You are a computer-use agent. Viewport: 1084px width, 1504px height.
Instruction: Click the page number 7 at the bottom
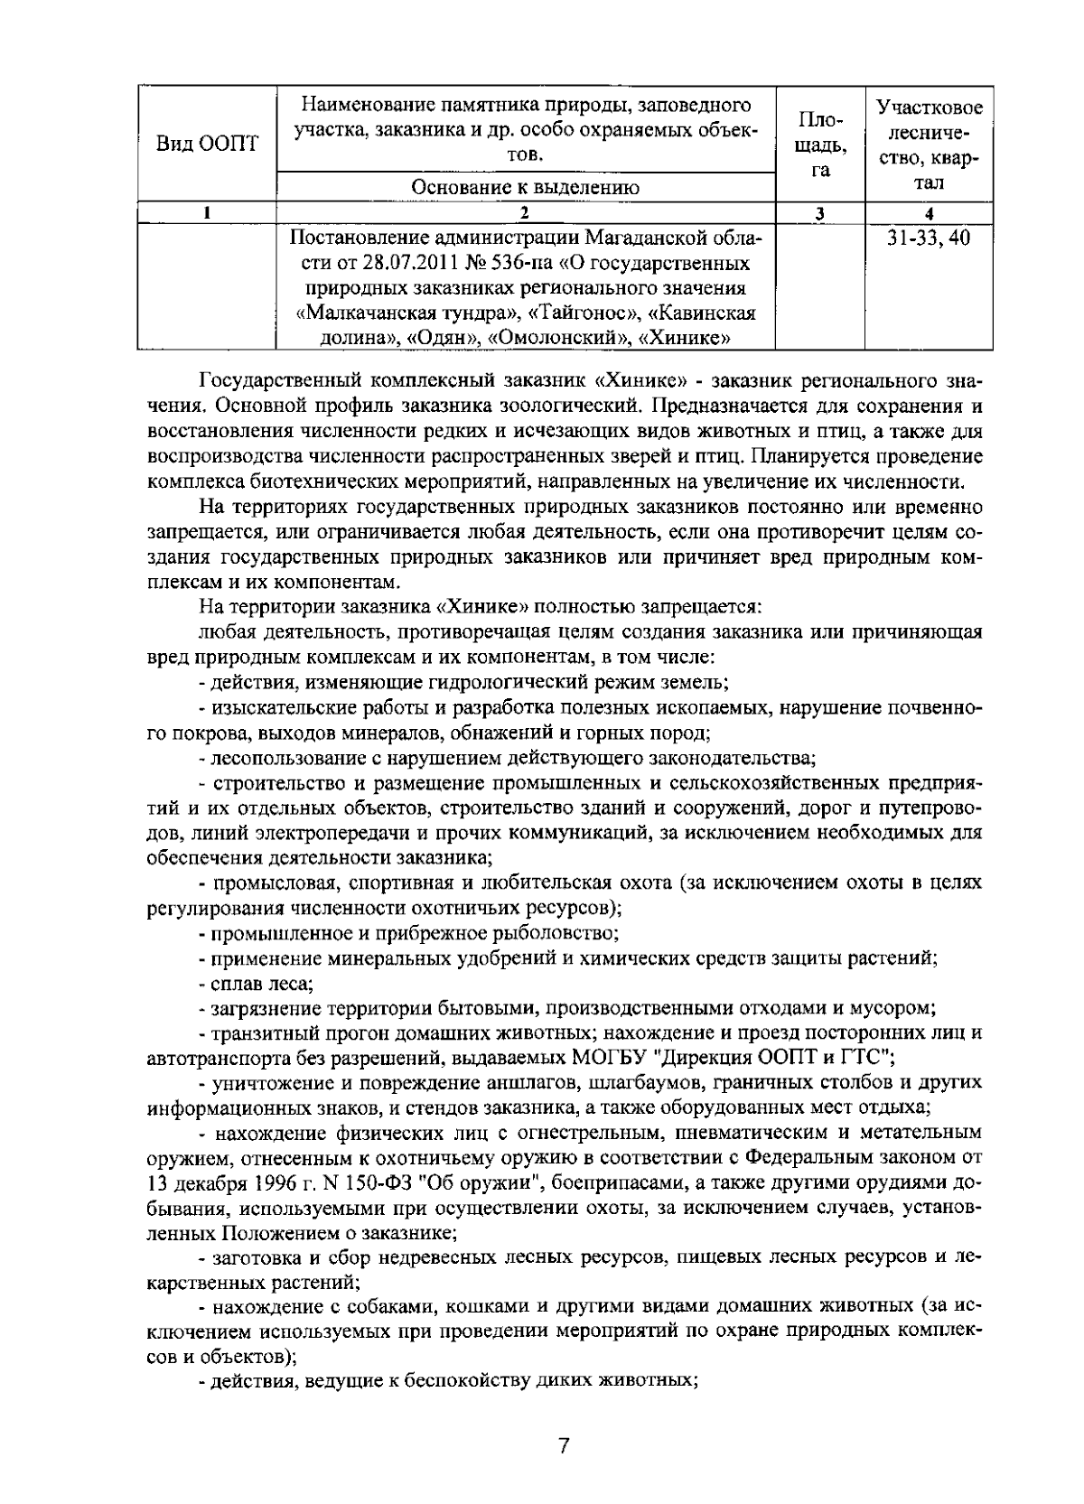(564, 1446)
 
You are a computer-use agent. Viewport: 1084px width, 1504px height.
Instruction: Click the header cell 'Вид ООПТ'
(207, 144)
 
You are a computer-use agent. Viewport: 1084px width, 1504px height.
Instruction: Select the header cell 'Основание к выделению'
(525, 187)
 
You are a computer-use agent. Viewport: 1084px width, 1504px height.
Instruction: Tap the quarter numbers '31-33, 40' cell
(929, 238)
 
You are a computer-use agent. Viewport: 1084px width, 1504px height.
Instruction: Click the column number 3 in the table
(819, 214)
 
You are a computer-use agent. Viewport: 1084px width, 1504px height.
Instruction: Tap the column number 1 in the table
(207, 214)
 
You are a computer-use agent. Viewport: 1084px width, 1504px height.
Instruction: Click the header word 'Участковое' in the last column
(929, 108)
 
